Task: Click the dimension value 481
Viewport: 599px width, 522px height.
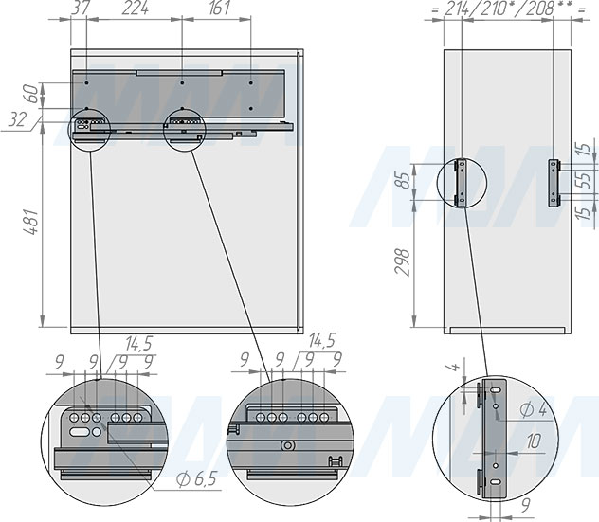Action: point(31,222)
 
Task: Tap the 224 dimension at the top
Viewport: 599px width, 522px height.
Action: point(136,8)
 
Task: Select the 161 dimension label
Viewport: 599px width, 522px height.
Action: point(220,8)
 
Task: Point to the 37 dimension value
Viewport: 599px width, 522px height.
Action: point(81,8)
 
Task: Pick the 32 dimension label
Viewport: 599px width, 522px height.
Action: point(18,120)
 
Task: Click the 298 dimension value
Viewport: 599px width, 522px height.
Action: point(403,262)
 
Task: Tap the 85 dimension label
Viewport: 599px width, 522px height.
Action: point(403,180)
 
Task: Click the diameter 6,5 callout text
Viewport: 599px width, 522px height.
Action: point(197,478)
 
